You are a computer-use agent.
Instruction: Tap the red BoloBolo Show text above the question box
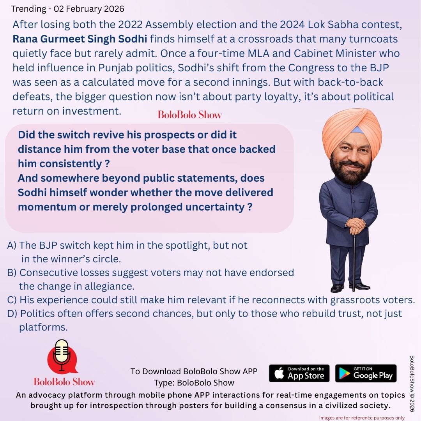point(190,115)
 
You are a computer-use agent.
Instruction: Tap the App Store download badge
point(299,373)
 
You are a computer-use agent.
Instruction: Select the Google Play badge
point(366,373)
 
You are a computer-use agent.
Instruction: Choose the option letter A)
point(12,245)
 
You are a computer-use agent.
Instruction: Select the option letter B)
point(12,272)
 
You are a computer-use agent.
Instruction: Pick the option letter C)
point(12,300)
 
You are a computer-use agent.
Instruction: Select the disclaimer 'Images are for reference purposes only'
point(362,417)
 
